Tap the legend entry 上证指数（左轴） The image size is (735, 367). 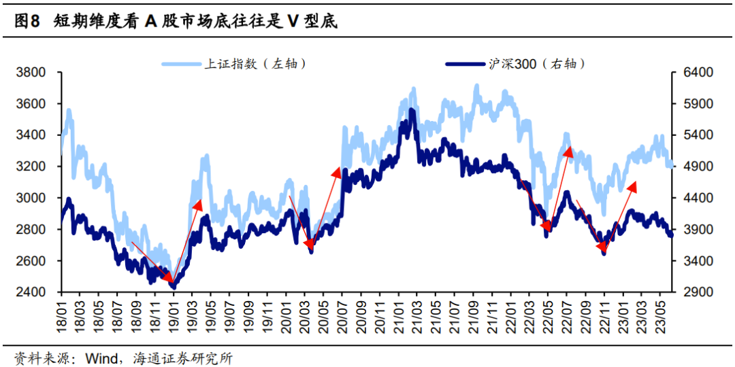[254, 63]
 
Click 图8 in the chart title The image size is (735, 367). [27, 22]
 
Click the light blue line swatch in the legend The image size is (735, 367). [182, 64]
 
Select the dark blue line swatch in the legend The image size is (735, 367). [466, 64]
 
